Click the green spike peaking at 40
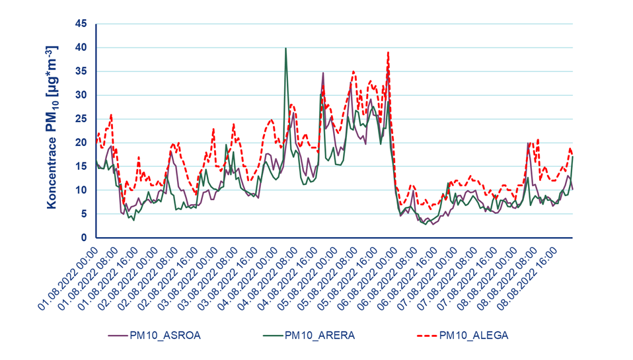pyautogui.click(x=285, y=49)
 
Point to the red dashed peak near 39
pyautogui.click(x=388, y=53)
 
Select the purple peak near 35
pyautogui.click(x=323, y=73)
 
